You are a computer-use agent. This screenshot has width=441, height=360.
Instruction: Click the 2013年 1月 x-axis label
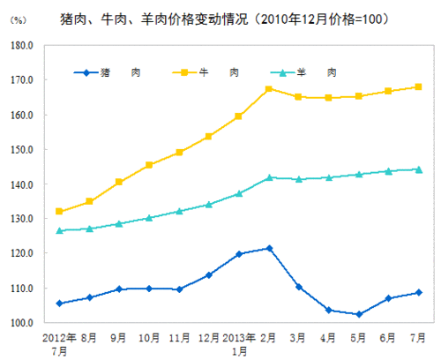click(239, 343)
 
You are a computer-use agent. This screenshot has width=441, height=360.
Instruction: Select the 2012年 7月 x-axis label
click(59, 343)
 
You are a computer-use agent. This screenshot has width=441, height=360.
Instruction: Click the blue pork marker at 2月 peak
click(269, 248)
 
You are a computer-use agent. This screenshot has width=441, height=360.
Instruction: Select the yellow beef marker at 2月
click(269, 89)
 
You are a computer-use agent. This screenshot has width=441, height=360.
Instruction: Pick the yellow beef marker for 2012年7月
click(59, 212)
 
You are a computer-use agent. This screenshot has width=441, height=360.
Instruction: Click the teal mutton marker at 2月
click(269, 177)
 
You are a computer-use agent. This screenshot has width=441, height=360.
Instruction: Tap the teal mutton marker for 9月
click(119, 223)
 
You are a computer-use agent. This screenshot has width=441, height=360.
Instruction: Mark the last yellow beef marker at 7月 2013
click(419, 86)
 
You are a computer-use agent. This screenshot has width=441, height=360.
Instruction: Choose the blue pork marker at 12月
click(209, 274)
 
